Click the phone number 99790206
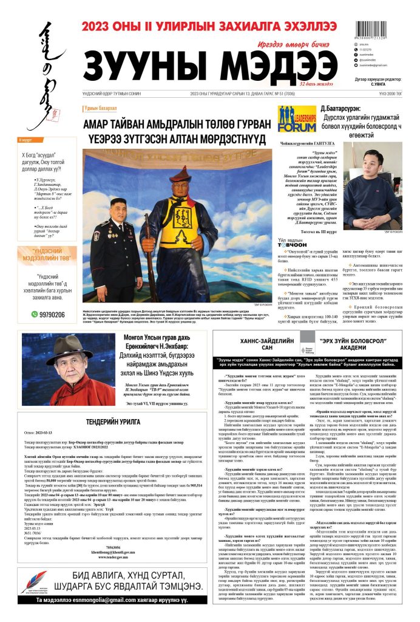[x=52, y=315]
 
